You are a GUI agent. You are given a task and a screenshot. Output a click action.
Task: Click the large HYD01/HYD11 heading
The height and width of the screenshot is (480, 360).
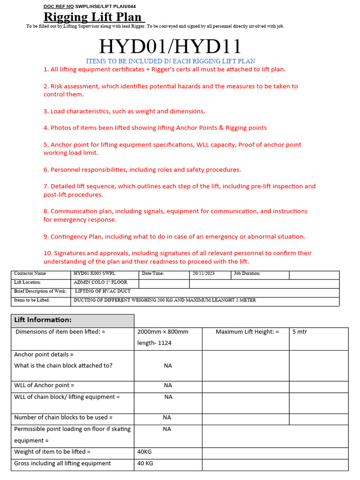(x=170, y=46)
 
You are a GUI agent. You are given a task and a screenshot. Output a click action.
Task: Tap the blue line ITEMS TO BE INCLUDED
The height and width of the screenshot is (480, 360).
(x=170, y=61)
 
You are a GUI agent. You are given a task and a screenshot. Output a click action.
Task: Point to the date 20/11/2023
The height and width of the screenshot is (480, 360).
(x=203, y=273)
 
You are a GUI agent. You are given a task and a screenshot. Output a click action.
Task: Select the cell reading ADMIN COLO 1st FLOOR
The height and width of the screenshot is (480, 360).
(x=100, y=282)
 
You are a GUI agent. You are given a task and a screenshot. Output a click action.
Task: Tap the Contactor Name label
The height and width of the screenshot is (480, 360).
(x=30, y=273)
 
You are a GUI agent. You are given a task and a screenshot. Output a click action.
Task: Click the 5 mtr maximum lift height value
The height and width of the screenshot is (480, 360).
(x=300, y=331)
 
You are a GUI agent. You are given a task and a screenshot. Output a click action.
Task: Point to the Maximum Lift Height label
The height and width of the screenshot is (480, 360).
(x=247, y=331)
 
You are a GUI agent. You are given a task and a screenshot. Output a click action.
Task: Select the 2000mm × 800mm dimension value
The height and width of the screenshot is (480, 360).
(x=163, y=331)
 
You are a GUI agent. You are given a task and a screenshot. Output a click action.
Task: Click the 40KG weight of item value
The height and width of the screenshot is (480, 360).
(x=144, y=451)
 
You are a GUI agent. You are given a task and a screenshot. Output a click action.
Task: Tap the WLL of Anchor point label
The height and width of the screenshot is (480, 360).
(x=45, y=385)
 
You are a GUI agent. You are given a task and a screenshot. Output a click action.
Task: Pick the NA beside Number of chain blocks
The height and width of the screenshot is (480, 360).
(x=167, y=417)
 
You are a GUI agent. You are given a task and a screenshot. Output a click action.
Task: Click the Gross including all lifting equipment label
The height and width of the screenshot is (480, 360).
(x=62, y=463)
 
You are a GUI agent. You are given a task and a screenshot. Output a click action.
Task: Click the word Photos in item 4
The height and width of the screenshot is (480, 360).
(x=60, y=127)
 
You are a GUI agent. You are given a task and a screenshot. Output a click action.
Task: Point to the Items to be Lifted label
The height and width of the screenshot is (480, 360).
(x=32, y=300)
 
